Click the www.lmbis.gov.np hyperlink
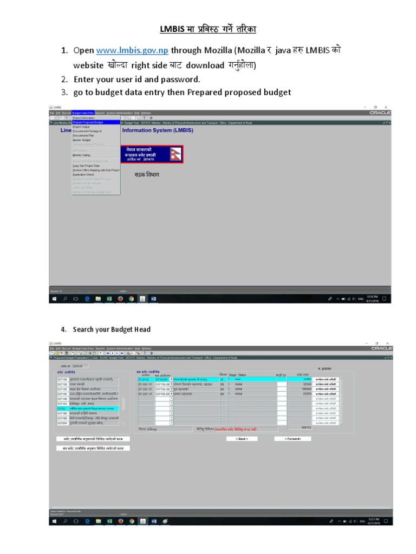coord(132,50)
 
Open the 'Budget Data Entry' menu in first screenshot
coord(83,113)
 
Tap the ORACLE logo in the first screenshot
coord(380,113)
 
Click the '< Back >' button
coord(242,439)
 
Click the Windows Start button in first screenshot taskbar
coord(54,298)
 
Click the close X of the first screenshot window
coord(386,107)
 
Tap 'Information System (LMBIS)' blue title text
coord(158,130)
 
